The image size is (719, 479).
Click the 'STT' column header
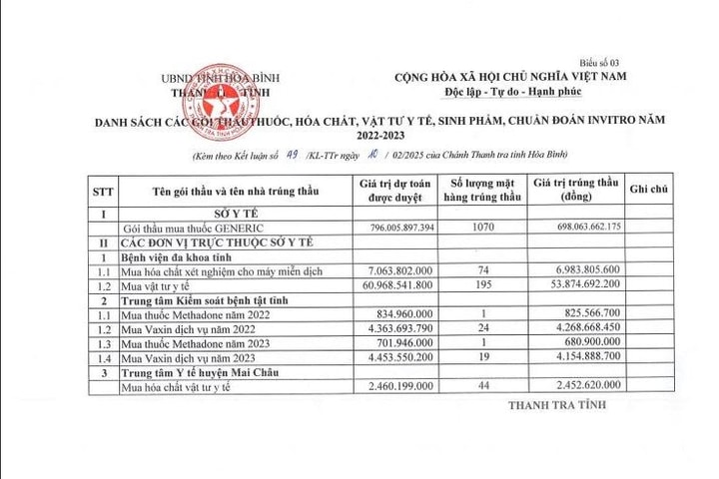[103, 190]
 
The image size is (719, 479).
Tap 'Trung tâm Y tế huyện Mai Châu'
[200, 371]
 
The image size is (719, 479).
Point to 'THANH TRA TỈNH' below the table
[555, 406]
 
